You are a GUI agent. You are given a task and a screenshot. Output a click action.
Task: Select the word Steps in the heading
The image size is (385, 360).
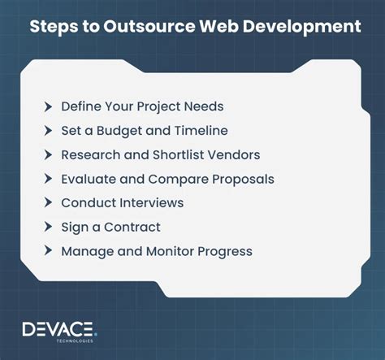coord(54,27)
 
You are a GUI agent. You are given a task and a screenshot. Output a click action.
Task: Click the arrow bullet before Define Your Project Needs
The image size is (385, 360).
coord(49,106)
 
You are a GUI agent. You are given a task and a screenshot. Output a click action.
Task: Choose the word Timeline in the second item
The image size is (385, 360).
coord(201,130)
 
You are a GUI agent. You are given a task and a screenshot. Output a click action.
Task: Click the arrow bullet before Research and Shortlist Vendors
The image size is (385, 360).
coord(49,154)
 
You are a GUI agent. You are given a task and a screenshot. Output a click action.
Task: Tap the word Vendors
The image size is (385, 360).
coord(236,154)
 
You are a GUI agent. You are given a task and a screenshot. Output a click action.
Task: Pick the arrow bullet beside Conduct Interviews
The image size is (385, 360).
coord(49,202)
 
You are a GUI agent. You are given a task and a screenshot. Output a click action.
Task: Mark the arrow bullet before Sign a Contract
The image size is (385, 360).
coord(49,227)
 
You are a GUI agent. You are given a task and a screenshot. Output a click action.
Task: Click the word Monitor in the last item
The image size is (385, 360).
coord(170,251)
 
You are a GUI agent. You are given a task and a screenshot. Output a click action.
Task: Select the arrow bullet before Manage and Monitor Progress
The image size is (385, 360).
coord(49,251)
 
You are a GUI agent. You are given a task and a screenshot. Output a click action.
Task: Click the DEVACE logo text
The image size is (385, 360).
coord(58,328)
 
